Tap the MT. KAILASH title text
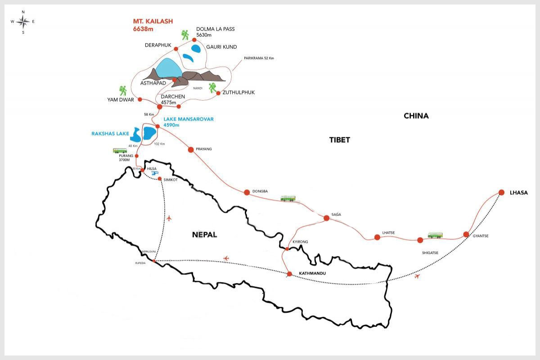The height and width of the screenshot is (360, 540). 153,21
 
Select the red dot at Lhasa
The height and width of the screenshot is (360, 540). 501,193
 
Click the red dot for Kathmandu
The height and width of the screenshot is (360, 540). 289,274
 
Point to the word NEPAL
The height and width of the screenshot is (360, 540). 204,234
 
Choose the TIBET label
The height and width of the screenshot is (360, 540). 339,140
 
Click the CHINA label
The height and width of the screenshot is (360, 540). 416,116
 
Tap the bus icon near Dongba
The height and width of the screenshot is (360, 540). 288,198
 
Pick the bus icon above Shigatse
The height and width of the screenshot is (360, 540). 435,235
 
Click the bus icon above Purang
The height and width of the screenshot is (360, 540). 120,151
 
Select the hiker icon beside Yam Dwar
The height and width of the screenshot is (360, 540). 123,90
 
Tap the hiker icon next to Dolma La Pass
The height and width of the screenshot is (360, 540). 185,34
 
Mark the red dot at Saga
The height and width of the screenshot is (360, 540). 326,218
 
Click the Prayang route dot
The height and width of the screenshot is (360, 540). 190,149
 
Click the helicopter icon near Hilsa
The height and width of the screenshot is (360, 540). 155,173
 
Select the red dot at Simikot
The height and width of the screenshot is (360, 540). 160,179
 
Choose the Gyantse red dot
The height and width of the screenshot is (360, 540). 466,234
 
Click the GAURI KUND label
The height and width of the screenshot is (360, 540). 221,47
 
